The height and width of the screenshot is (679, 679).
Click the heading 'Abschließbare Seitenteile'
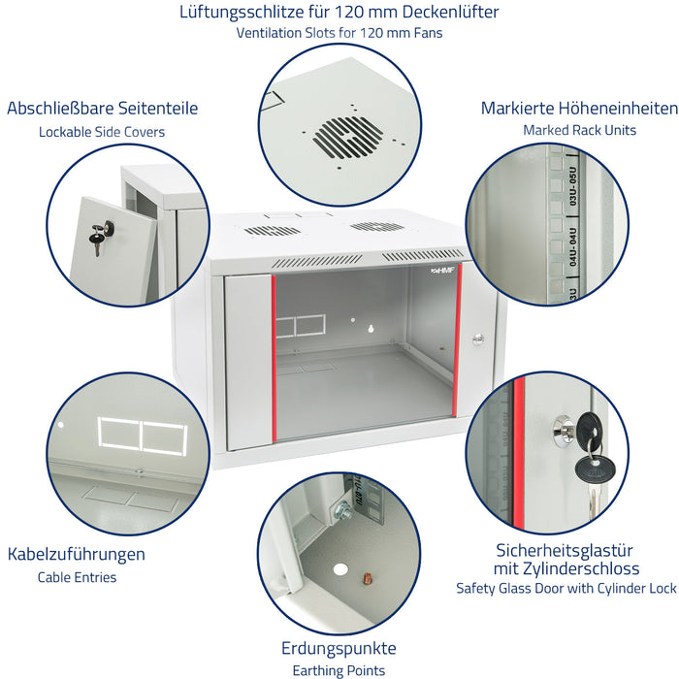pos(102,109)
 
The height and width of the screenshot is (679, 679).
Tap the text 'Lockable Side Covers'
pos(102,132)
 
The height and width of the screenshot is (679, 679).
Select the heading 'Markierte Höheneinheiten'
pos(579,109)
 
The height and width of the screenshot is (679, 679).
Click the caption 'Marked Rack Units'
pos(579,130)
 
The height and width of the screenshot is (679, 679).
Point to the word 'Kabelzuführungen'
pos(77,554)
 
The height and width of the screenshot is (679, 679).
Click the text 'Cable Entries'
pos(77,577)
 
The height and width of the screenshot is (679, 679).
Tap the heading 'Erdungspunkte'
pos(339,648)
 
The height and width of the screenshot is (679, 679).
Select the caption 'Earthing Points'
pos(339,670)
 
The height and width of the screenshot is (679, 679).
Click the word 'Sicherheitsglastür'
pos(565,551)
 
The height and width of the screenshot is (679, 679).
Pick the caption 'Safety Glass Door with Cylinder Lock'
pos(566,588)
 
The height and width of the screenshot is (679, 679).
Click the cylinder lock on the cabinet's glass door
pos(477,339)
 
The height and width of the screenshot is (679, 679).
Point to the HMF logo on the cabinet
pos(441,271)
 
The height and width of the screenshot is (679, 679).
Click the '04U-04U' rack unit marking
pos(572,246)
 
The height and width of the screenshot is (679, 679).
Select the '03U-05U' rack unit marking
pos(573,186)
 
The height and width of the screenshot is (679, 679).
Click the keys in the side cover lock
pos(101,236)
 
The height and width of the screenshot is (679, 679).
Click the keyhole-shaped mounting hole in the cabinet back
pos(371,329)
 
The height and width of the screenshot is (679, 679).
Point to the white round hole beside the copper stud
pos(340,569)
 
